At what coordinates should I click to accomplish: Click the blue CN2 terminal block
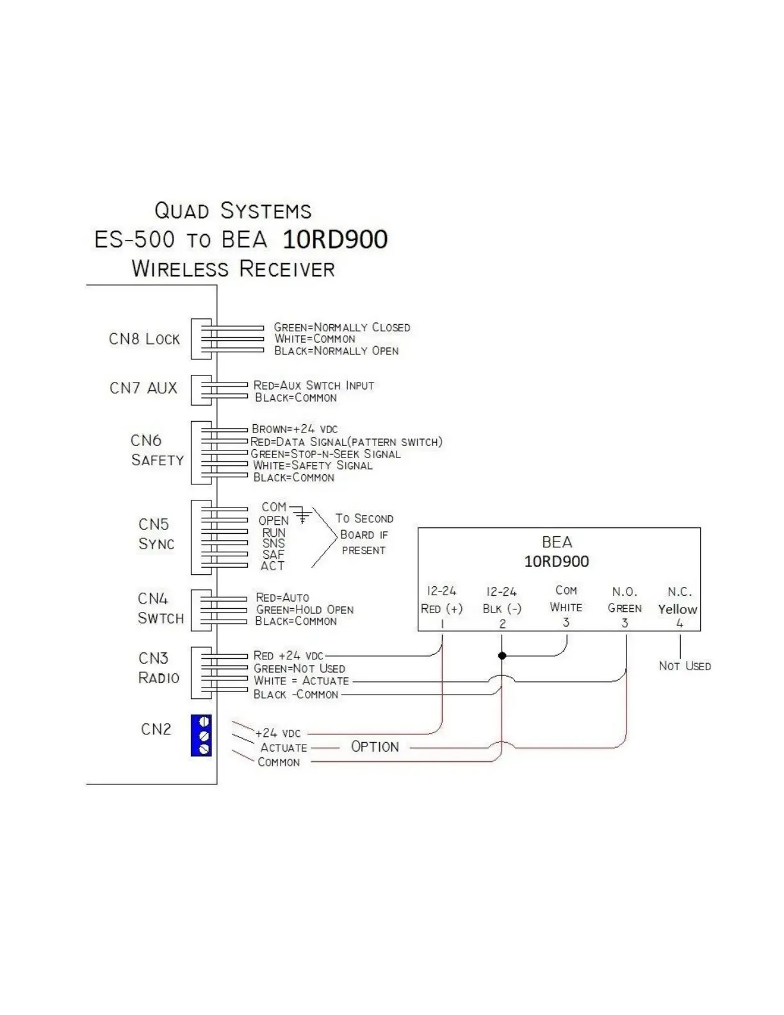coord(201,736)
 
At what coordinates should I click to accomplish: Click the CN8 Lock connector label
coord(144,339)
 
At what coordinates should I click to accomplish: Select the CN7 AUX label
coord(143,388)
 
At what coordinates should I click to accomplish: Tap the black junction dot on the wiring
coord(502,656)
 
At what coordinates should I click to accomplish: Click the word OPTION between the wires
coord(375,747)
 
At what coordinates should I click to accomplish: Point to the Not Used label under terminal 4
coord(684,666)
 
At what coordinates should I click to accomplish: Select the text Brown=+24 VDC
coord(295,429)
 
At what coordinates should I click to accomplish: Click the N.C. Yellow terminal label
coord(678,601)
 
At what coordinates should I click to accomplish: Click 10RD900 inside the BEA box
coord(557,562)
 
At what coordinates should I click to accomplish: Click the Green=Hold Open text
coord(304,609)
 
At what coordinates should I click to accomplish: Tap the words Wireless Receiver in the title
coord(233,268)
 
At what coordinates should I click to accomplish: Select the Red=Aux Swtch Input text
coord(313,386)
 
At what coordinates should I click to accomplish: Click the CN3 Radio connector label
coord(158,668)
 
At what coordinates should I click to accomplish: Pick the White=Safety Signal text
coord(312,466)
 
